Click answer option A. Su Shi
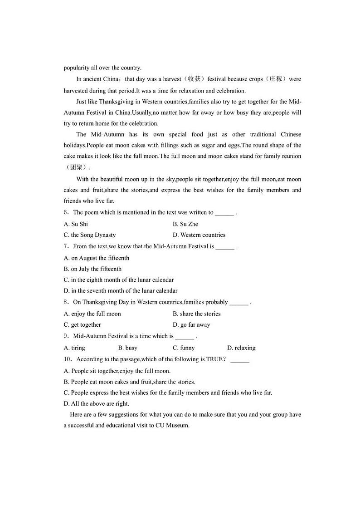click(76, 224)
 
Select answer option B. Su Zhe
click(185, 224)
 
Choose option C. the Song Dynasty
click(90, 235)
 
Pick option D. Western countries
click(199, 235)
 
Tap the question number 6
click(66, 212)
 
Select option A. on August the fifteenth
click(97, 258)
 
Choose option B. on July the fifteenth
click(92, 269)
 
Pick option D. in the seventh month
click(121, 291)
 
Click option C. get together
click(83, 325)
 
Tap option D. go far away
click(191, 325)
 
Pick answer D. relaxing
click(241, 348)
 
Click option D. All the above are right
click(97, 404)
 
